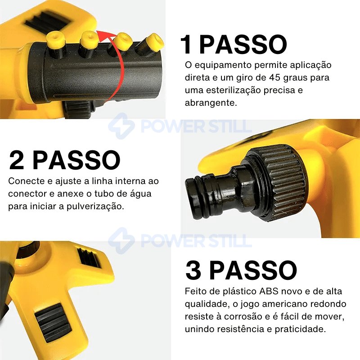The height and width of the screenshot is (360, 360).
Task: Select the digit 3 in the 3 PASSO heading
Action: (x=193, y=270)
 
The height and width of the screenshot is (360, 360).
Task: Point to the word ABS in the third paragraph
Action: (x=269, y=291)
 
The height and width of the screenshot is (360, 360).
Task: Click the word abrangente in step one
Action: (x=211, y=103)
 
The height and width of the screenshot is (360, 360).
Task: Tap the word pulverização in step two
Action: (x=95, y=206)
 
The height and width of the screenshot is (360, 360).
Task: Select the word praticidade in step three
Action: (x=300, y=329)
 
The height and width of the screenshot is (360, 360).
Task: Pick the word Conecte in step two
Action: (x=27, y=181)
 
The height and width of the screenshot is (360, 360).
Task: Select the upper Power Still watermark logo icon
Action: (x=121, y=126)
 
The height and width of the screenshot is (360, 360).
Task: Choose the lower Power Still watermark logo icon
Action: (x=121, y=241)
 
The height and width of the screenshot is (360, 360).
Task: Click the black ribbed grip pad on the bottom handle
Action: (x=53, y=322)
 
